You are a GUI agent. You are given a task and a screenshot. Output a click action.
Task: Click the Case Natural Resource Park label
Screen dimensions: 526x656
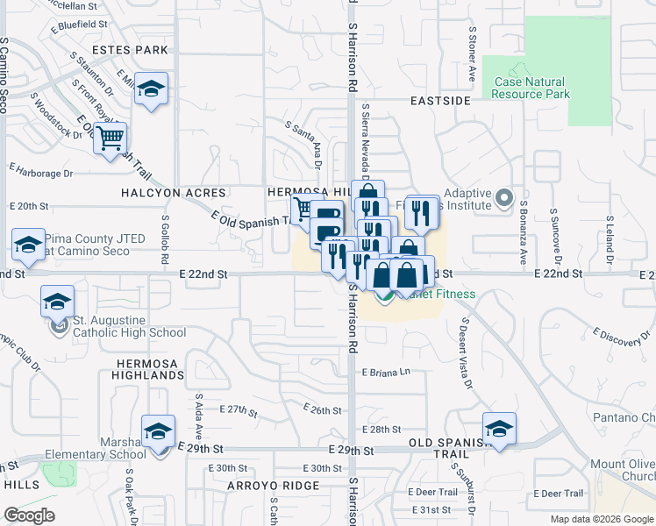pos(531,88)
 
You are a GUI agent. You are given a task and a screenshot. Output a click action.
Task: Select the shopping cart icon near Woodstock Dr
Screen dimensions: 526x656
pos(111,138)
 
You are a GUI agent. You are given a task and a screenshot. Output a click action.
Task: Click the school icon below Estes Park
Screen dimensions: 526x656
pos(152,89)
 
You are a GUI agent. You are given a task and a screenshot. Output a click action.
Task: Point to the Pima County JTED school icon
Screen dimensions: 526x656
pos(28,245)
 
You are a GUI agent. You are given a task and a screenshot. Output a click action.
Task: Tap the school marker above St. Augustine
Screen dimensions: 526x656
pos(57,302)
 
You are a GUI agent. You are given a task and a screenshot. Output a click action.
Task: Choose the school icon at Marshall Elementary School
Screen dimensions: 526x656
pos(159,431)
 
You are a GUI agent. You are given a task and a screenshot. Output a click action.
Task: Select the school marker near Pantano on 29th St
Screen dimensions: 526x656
pos(499,428)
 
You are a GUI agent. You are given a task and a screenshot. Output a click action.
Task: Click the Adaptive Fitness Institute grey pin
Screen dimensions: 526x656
pos(503,199)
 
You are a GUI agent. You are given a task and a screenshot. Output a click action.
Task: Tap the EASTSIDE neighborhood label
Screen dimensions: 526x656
pos(441,102)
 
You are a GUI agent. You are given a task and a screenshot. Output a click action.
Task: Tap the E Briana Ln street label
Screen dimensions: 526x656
pos(386,372)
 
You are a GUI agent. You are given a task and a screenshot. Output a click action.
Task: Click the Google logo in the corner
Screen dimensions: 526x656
pos(29,515)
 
